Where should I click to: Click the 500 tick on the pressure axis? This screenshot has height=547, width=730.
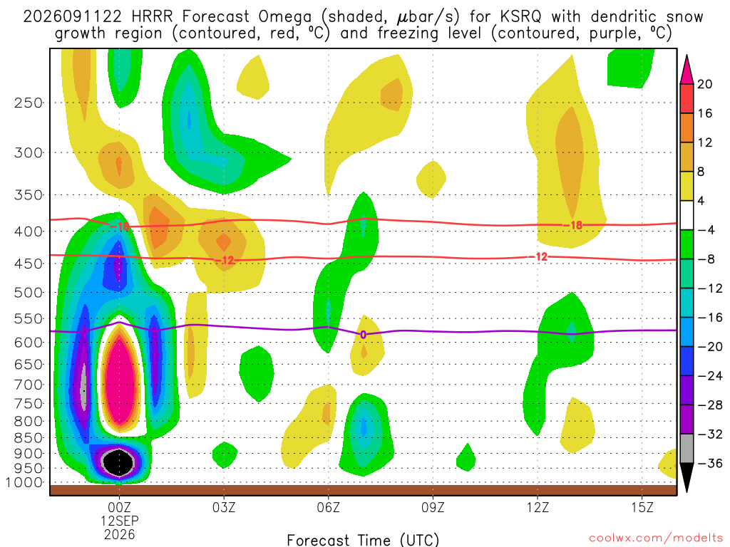coord(29,293)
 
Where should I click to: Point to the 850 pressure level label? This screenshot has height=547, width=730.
coord(29,438)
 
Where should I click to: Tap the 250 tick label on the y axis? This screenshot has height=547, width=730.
coord(29,103)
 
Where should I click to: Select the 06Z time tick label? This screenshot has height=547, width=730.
coord(328,507)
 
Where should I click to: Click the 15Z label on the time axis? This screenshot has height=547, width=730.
coord(642,507)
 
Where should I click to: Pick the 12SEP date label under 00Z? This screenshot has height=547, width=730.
coord(120,521)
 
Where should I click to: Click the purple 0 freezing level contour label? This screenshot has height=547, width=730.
coord(363,335)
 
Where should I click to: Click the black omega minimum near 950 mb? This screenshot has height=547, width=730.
coord(119,462)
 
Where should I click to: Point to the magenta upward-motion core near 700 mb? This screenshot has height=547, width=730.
coord(120,377)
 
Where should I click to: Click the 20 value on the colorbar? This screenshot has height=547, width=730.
coord(704,84)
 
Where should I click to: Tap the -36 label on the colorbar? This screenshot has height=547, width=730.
coord(709,463)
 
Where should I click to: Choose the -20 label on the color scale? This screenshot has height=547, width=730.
coord(709,347)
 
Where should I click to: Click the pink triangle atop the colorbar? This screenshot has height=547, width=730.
coord(687,70)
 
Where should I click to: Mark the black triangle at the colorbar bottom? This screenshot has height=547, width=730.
coord(687,477)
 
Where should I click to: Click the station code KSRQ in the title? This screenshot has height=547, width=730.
coord(520,17)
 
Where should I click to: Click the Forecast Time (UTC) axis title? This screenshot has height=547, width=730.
coord(363,540)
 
